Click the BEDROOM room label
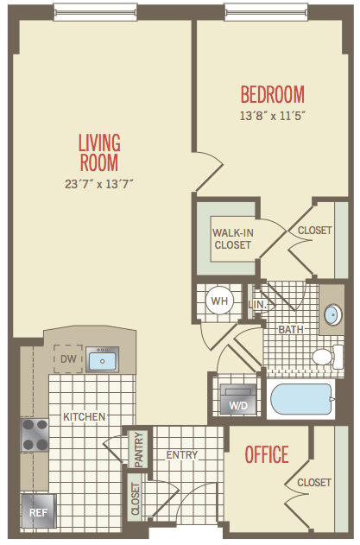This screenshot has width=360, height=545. click(273, 94)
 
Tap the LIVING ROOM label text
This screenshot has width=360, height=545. click(99, 153)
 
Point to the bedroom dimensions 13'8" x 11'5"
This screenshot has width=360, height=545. click(273, 116)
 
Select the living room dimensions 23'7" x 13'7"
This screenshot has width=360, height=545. click(99, 183)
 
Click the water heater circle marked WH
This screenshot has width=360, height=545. click(219, 301)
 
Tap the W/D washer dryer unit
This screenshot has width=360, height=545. click(238, 399)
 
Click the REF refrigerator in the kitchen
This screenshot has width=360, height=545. click(38, 511)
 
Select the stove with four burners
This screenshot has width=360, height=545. click(35, 434)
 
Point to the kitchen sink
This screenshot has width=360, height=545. click(102, 359)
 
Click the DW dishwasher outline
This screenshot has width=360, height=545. click(68, 358)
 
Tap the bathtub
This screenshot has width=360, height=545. click(301, 399)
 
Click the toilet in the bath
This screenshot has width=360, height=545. click(328, 357)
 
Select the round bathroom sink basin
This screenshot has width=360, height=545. click(332, 315)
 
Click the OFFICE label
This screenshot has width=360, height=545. click(267, 454)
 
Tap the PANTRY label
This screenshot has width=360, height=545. click(139, 449)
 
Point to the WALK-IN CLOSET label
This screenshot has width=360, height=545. click(233, 238)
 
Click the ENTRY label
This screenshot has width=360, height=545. click(182, 454)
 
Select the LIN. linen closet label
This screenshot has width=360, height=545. click(257, 305)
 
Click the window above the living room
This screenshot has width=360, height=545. click(95, 12)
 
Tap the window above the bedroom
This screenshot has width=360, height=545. click(266, 12)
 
